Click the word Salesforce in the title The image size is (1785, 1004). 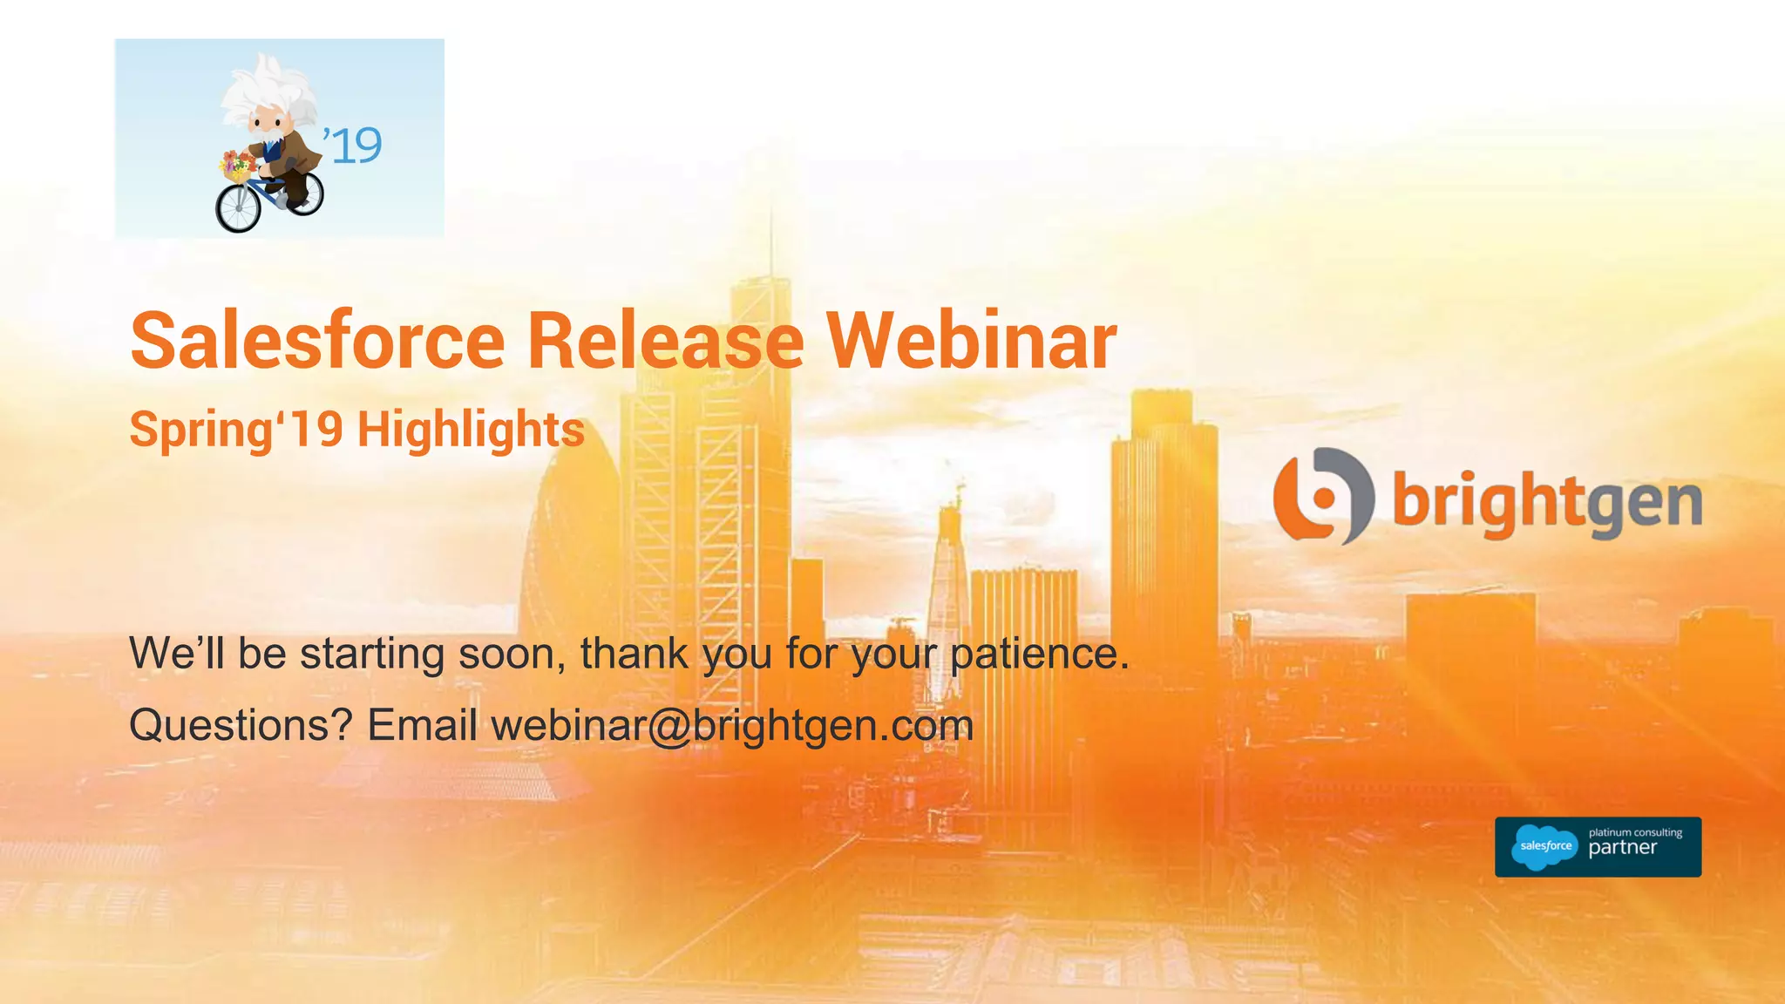(x=317, y=341)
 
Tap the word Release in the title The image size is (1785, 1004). (x=665, y=341)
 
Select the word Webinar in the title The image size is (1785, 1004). (x=971, y=341)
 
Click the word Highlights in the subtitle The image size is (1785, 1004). (x=471, y=430)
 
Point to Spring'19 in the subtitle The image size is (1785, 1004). (x=236, y=430)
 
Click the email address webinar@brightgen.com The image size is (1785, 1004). (x=732, y=725)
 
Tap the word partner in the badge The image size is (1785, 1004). (x=1622, y=848)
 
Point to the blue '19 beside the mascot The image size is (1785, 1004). (x=353, y=146)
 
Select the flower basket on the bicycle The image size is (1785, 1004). (x=236, y=166)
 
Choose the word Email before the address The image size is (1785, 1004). (x=422, y=725)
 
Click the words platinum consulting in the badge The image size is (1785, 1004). (x=1635, y=832)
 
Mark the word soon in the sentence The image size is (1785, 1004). (x=512, y=654)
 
